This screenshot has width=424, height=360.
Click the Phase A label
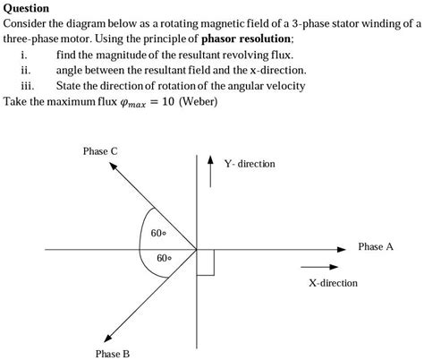[x=375, y=246]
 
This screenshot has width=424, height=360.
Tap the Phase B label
[x=114, y=353]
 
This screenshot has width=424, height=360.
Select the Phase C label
[x=100, y=151]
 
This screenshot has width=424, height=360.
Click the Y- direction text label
[x=250, y=164]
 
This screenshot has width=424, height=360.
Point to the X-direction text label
[x=333, y=283]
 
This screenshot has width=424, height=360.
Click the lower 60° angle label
[x=164, y=258]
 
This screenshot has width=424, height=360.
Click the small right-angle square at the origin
[x=205, y=261]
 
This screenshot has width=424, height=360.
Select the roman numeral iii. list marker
[x=27, y=86]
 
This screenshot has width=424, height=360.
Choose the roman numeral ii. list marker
[x=26, y=70]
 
